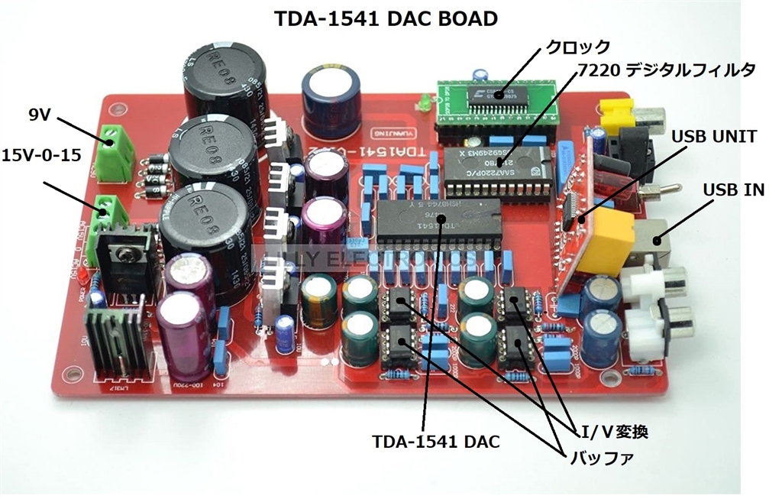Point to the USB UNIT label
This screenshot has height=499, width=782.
point(713,137)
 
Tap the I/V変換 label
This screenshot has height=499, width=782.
point(615,433)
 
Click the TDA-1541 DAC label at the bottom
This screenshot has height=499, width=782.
point(436,441)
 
